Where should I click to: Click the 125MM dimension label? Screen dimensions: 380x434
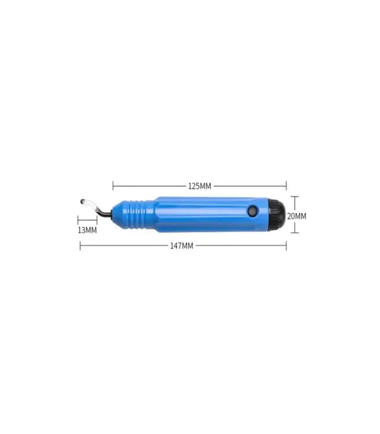click(199, 186)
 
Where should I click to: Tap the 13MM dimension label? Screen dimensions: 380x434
click(87, 230)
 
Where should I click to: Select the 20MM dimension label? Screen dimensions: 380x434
click(296, 216)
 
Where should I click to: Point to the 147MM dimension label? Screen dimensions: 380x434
click(182, 246)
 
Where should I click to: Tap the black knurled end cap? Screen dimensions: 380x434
click(277, 214)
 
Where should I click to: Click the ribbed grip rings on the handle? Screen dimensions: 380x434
click(138, 214)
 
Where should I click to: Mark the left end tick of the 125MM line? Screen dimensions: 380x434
click(113, 186)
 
